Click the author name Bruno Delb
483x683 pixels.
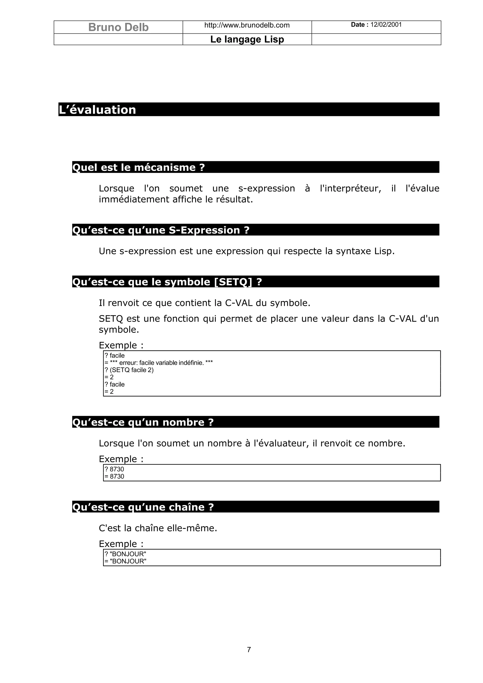[x=118, y=27]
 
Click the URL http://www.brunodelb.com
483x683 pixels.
[x=247, y=25]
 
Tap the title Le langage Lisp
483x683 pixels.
[x=247, y=39]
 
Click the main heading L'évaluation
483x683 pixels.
[x=97, y=110]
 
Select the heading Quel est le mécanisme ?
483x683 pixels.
[x=138, y=168]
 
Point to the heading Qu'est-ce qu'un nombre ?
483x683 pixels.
[x=143, y=422]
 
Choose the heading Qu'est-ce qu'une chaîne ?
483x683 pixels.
[x=143, y=507]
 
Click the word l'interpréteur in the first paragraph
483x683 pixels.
[x=350, y=189]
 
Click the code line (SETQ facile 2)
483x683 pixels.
[x=129, y=370]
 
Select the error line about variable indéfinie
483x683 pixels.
[x=159, y=363]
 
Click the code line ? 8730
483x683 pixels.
[x=114, y=469]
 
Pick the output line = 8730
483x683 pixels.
[x=114, y=476]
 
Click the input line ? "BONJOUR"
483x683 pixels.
[x=125, y=554]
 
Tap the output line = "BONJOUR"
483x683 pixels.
[x=125, y=561]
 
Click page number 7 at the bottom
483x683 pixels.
[x=249, y=650]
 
